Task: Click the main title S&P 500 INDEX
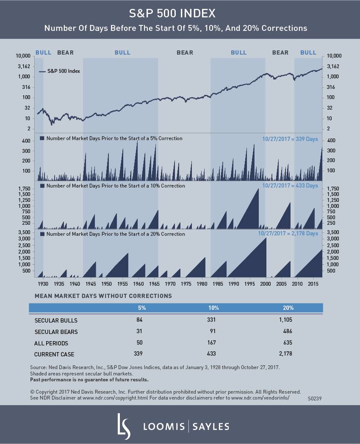pos(180,14)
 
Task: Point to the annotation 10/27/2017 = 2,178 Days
pos(288,234)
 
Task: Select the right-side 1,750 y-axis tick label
pos(333,189)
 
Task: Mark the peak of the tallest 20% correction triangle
pos(266,238)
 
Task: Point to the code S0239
pos(315,398)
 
